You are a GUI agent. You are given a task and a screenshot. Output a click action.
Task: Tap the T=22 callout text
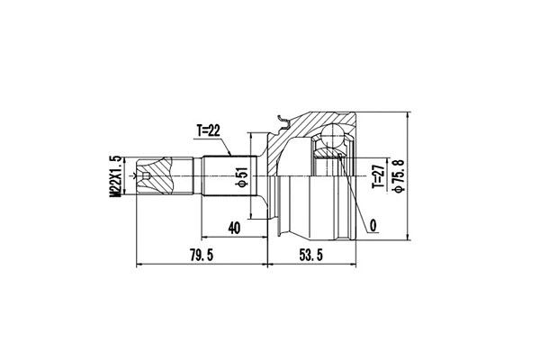click(208, 130)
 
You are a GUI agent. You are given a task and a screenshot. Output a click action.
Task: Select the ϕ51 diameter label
click(240, 177)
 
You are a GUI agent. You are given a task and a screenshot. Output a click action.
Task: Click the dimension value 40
click(234, 229)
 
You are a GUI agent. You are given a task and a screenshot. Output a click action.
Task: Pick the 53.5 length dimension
click(310, 256)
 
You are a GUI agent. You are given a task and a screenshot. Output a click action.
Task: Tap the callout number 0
click(371, 222)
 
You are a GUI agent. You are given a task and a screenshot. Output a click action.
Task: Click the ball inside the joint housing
click(332, 136)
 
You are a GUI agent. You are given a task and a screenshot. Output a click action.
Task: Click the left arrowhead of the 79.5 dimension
click(138, 265)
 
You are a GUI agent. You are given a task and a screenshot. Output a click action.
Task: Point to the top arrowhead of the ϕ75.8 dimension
click(408, 116)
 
